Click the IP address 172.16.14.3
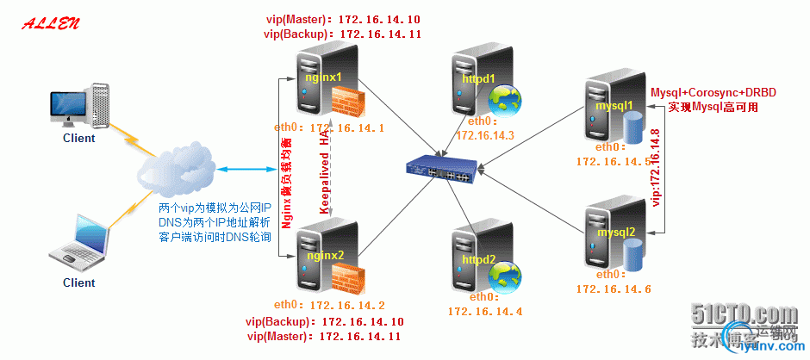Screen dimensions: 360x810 click(x=484, y=135)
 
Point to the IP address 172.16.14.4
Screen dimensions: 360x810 click(x=484, y=310)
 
